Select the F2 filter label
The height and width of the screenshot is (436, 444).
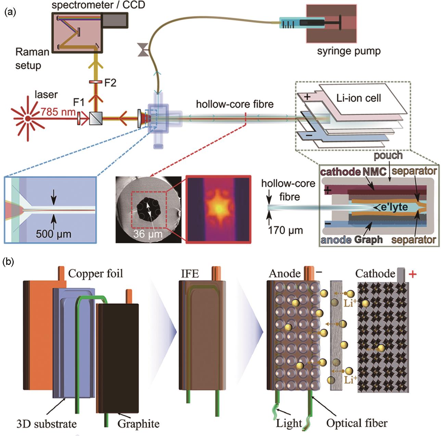110,82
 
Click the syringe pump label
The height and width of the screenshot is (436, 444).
348,51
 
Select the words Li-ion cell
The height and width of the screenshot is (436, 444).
358,98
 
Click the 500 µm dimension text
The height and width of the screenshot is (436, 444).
53,234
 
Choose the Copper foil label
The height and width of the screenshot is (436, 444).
95,273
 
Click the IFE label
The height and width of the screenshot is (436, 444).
190,273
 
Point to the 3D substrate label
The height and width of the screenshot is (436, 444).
47,424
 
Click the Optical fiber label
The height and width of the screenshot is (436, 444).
357,423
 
